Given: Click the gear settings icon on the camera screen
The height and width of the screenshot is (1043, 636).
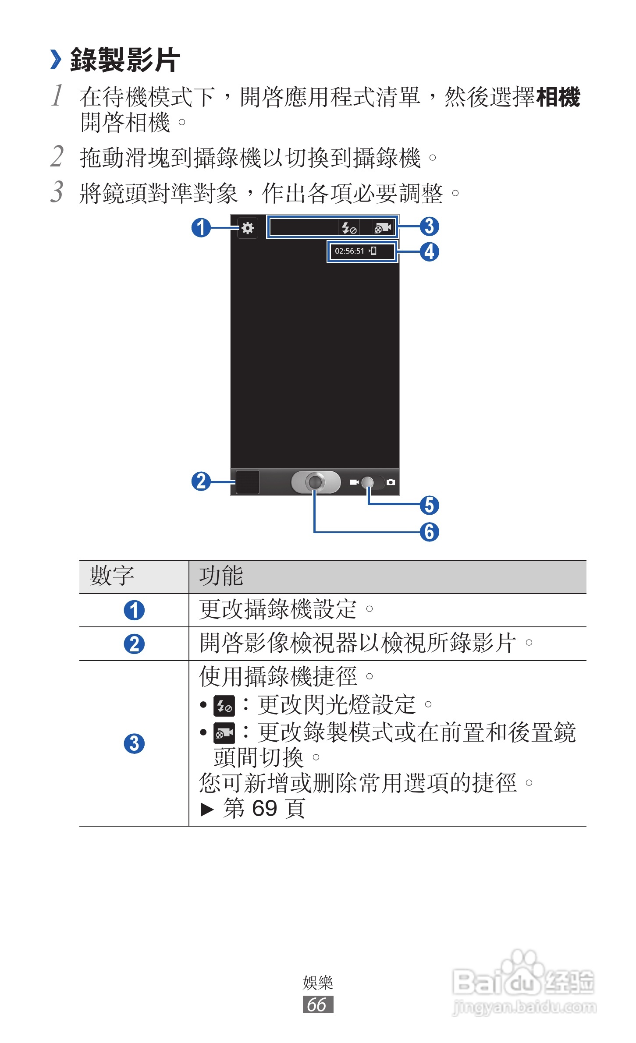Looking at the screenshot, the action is coord(248,228).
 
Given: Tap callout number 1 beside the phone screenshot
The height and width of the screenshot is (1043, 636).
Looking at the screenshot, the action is coord(201,228).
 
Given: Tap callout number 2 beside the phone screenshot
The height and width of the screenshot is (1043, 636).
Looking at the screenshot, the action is coord(201,481).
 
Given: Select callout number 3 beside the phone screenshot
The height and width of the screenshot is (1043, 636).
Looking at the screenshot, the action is coord(430,226).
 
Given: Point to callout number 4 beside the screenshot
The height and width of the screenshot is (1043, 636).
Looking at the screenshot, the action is coord(430,252).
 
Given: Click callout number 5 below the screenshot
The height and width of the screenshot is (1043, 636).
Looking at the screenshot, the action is coord(430,505).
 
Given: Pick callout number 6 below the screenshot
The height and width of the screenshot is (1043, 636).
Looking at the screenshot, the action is coord(430,532).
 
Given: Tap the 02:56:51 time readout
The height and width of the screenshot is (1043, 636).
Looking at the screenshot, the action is coord(349,251).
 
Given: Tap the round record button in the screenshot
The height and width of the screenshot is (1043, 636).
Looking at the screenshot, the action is coord(315,482).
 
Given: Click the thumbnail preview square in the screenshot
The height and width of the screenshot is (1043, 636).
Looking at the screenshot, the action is coord(248,482).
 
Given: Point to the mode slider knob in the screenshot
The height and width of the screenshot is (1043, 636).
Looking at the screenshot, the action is coord(368,482).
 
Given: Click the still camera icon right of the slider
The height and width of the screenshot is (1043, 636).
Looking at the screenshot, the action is coord(391,482).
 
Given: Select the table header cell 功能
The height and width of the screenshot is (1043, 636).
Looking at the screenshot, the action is coord(221,576).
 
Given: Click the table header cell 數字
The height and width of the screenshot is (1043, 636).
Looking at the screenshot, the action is coord(112,576).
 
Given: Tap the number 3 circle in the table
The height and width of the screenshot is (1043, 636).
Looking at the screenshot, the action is coord(134,743).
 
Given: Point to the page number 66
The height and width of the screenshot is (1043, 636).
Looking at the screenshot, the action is coord(317,1004).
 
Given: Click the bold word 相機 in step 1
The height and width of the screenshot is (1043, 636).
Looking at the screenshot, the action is coord(558,97).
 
